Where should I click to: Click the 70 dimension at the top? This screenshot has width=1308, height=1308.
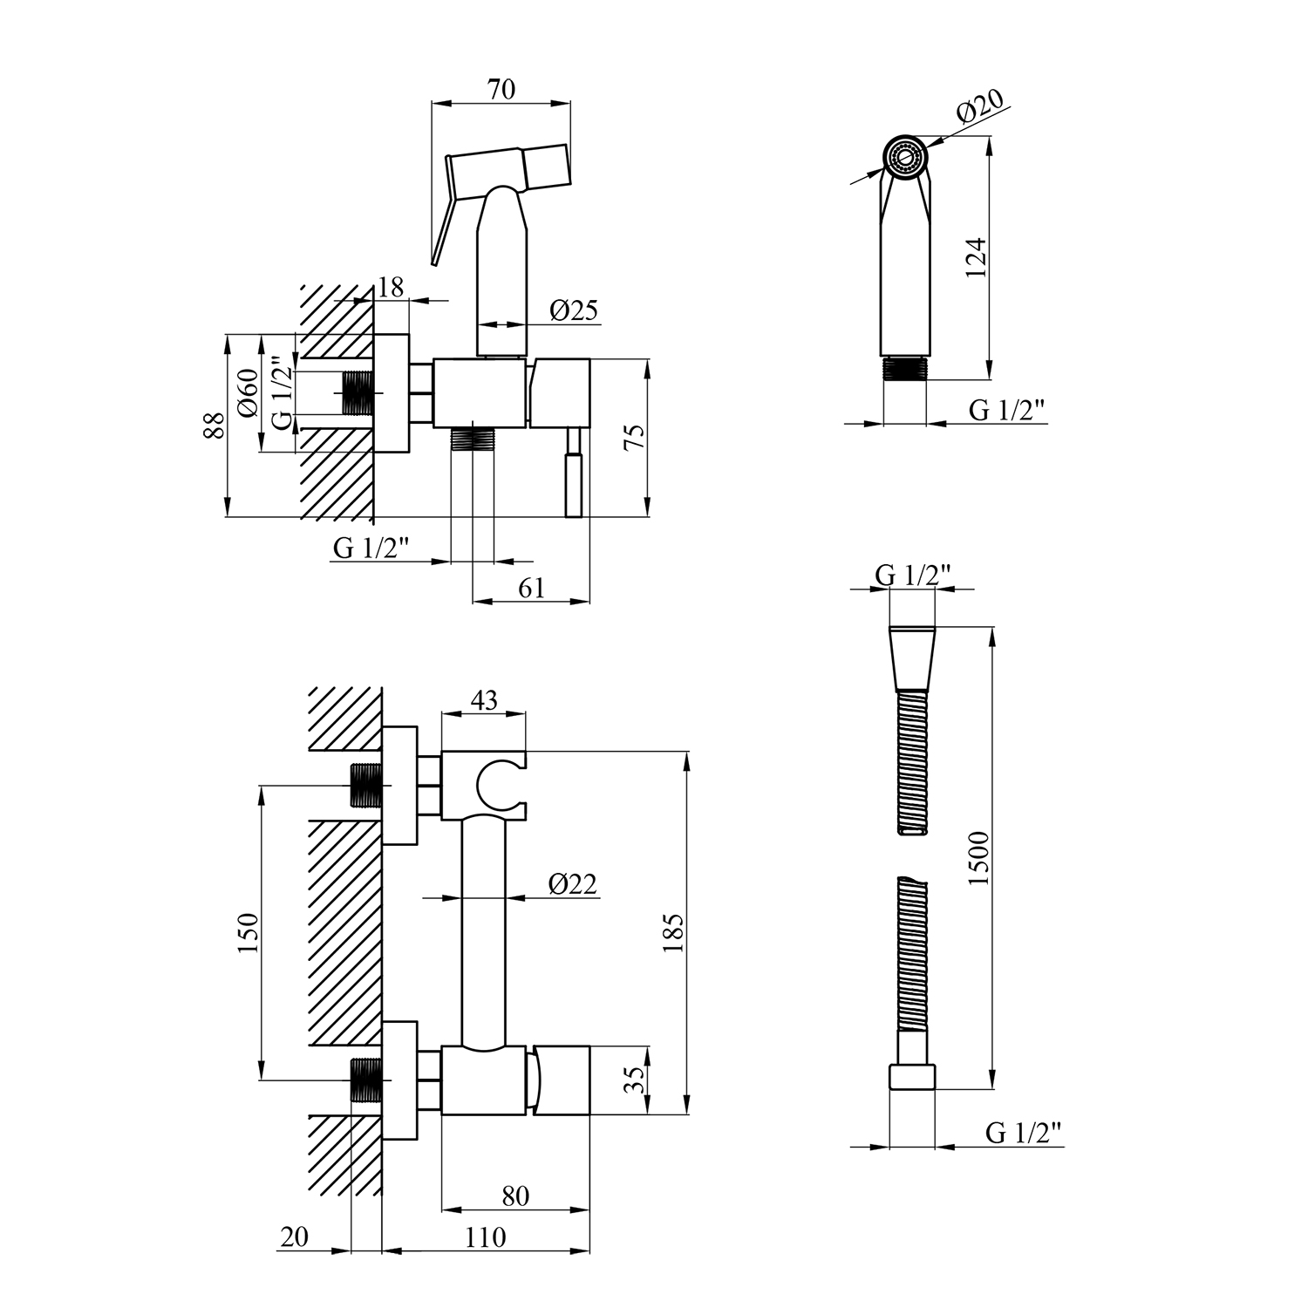click(502, 90)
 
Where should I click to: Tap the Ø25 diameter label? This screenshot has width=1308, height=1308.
click(574, 310)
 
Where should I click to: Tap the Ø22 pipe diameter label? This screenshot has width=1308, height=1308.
click(573, 883)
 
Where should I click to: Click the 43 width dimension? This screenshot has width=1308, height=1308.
click(484, 700)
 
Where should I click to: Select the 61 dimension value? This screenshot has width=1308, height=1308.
click(531, 589)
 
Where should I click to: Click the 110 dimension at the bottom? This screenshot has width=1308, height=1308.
click(486, 1237)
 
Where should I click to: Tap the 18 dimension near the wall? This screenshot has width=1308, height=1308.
click(392, 288)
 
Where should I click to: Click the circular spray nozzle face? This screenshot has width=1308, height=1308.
click(905, 156)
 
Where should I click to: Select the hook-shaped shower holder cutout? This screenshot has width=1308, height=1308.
click(497, 784)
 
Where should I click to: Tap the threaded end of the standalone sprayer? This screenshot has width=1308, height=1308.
click(905, 368)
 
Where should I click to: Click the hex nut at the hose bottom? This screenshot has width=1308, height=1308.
click(911, 1076)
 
